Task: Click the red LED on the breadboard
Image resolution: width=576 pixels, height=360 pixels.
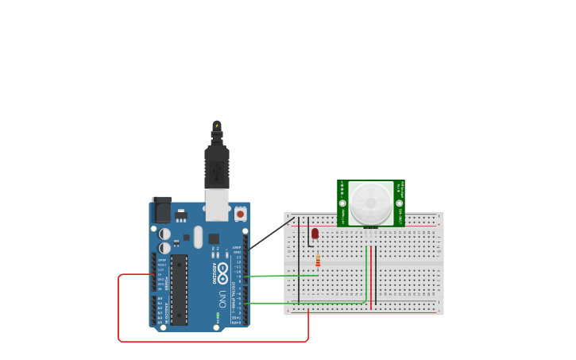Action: pyautogui.click(x=315, y=233)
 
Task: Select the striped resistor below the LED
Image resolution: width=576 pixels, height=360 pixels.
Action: pyautogui.click(x=318, y=261)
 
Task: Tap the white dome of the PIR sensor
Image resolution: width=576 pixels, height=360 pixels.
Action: pyautogui.click(x=370, y=202)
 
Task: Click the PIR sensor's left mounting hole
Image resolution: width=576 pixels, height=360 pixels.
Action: pyautogui.click(x=342, y=203)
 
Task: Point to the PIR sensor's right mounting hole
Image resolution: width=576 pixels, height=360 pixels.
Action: pyautogui.click(x=399, y=203)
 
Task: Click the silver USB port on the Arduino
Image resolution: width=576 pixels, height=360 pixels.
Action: pyautogui.click(x=217, y=205)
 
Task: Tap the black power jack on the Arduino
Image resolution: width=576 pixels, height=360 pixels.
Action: pyautogui.click(x=161, y=210)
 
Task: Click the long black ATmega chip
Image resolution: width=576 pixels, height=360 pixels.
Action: pyautogui.click(x=179, y=289)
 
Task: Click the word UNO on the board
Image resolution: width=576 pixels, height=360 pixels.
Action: pyautogui.click(x=222, y=299)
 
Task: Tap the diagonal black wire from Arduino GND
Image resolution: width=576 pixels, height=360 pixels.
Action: pyautogui.click(x=270, y=234)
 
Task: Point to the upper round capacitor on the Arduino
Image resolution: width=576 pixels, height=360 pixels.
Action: pyautogui.click(x=164, y=234)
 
